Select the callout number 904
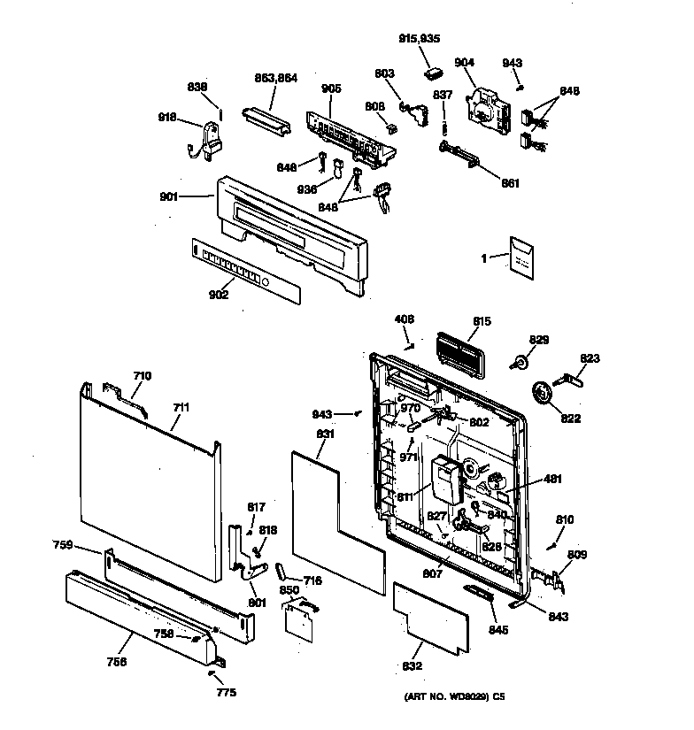click(465, 62)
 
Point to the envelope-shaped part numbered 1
click(521, 257)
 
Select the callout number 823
click(590, 359)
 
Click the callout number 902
click(218, 295)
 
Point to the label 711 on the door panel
click(181, 408)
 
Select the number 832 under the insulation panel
click(413, 666)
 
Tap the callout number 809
click(577, 556)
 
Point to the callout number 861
click(510, 183)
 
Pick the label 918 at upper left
click(167, 118)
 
